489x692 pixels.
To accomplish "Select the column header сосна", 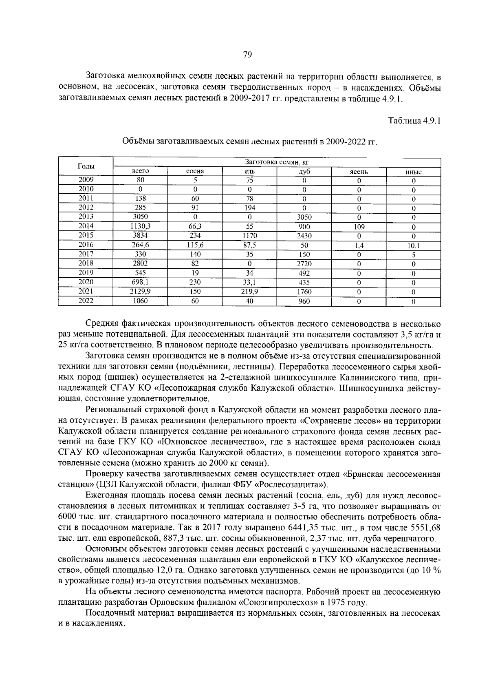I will pos(195,172).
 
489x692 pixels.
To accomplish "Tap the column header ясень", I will pos(359,172).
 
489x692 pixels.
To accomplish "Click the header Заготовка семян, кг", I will pos(276,163).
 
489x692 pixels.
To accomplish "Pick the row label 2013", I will pos(86,217).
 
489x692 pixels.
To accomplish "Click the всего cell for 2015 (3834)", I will pos(140,235).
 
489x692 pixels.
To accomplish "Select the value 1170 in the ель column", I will pos(249,235).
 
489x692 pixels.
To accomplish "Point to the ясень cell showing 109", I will pos(359,226).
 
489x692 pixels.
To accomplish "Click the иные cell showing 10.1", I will pos(413,245).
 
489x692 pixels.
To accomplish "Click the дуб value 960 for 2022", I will pos(304,301).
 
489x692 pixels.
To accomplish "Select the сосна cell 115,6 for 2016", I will pos(195,245).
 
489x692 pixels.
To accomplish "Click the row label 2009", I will pos(86,180).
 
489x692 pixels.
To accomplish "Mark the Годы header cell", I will pos(86,166).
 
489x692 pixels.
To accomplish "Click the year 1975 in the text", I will pos(333,602).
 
